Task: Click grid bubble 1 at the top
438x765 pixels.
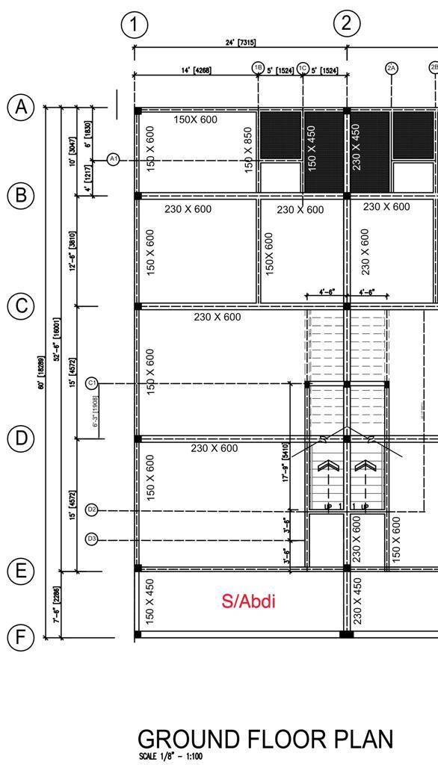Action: [134, 25]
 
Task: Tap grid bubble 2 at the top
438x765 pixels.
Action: [346, 23]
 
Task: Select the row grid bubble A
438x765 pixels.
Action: [21, 107]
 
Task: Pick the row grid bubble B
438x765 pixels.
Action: [21, 196]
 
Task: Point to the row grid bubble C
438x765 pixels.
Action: [21, 306]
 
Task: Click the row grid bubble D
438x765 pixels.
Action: [21, 439]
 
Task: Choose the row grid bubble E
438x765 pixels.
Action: [21, 572]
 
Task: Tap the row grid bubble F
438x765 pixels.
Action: [21, 637]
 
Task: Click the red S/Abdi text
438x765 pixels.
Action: [248, 601]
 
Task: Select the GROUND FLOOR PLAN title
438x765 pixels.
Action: [265, 739]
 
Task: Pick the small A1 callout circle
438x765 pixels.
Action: [114, 159]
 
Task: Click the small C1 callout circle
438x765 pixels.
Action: [92, 383]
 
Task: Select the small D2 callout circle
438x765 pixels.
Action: [92, 510]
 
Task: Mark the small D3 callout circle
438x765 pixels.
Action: [92, 539]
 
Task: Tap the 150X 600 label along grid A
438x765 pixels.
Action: [195, 120]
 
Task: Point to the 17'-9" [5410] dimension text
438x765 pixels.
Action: [286, 462]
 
